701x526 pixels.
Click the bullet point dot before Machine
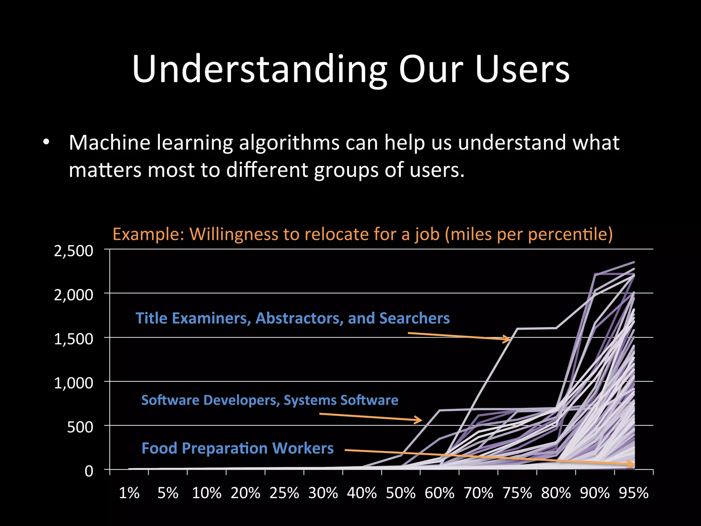point(47,142)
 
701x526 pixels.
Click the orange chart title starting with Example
point(362,234)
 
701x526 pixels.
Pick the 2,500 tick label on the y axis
point(74,251)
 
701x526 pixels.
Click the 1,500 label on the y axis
point(74,339)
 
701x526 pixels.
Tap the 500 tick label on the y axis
point(80,427)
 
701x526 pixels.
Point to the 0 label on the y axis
point(89,471)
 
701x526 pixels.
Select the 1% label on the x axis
point(129,493)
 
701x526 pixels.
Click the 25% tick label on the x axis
point(284,493)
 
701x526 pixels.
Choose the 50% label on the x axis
point(401,493)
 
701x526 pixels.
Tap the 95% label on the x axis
point(634,493)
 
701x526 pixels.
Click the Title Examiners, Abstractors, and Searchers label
point(292,318)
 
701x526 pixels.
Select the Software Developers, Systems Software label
point(270,400)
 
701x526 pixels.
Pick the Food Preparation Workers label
point(238,448)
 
